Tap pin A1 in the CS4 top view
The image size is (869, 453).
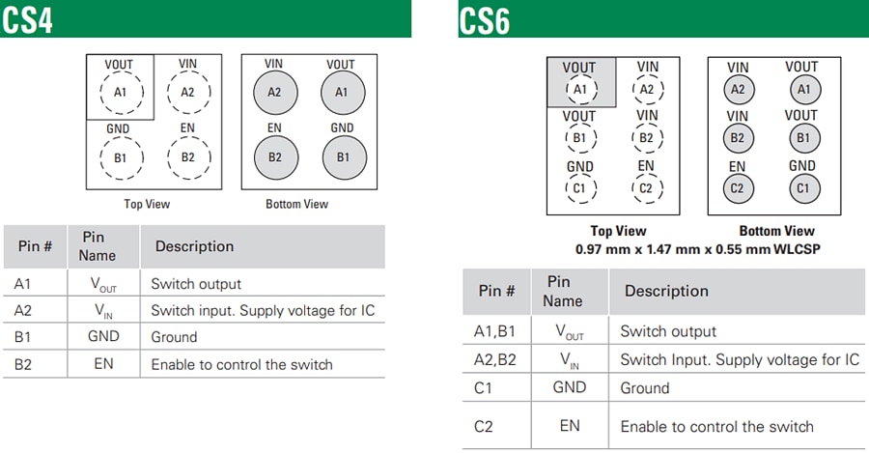tap(121, 92)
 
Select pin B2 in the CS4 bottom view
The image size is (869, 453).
tap(274, 156)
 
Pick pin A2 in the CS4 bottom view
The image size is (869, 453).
tap(274, 92)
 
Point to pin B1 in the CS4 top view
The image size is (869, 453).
tap(121, 156)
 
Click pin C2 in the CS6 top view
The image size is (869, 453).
tap(648, 187)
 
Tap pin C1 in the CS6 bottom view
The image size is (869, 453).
tap(801, 187)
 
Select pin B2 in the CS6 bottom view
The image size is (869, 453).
tap(738, 138)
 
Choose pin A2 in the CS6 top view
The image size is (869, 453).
tap(648, 89)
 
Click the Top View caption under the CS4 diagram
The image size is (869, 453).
tap(147, 204)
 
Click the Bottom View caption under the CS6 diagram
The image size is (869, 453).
tap(776, 231)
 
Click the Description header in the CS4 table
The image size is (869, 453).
tap(194, 246)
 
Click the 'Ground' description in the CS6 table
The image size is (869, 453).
tap(644, 388)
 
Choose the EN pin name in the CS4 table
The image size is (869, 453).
tap(103, 364)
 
